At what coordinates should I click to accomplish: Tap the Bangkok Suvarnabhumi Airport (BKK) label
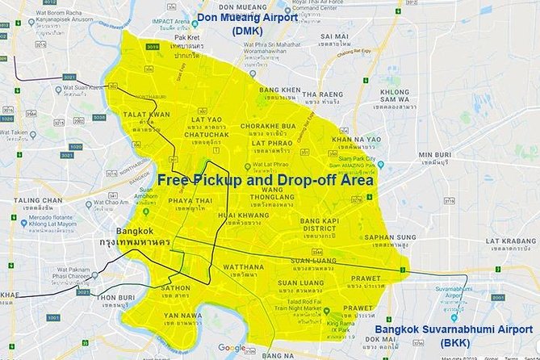pos(456,335)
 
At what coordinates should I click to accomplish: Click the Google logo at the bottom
pos(231,348)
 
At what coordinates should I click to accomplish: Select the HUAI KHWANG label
pos(242,215)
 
